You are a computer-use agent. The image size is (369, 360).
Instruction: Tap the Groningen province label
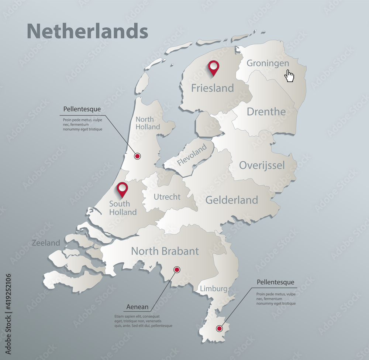pyautogui.click(x=268, y=63)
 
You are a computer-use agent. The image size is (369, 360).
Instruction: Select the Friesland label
pyautogui.click(x=212, y=88)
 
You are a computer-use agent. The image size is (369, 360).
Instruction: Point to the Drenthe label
pyautogui.click(x=266, y=112)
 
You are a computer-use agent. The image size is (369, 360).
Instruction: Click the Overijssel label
pyautogui.click(x=262, y=165)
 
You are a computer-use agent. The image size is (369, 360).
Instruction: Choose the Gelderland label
pyautogui.click(x=231, y=200)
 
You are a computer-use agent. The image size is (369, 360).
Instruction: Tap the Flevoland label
pyautogui.click(x=192, y=155)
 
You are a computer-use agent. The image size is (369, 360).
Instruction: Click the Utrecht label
pyautogui.click(x=167, y=197)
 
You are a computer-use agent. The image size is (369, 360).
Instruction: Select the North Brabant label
pyautogui.click(x=165, y=251)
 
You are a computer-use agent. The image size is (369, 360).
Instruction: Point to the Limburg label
pyautogui.click(x=213, y=289)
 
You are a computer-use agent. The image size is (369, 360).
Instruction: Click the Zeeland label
pyautogui.click(x=46, y=243)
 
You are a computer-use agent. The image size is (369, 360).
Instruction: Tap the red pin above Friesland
pyautogui.click(x=213, y=68)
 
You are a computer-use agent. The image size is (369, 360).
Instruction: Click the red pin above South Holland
pyautogui.click(x=122, y=189)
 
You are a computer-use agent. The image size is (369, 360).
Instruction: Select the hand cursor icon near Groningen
pyautogui.click(x=290, y=76)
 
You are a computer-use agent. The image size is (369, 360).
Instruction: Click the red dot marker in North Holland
pyautogui.click(x=137, y=156)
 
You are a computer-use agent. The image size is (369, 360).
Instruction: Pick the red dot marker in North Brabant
pyautogui.click(x=177, y=270)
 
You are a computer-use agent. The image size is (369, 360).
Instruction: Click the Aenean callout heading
pyautogui.click(x=137, y=307)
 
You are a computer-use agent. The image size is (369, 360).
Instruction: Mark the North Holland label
pyautogui.click(x=148, y=123)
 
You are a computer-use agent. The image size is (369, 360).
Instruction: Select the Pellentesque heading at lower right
pyautogui.click(x=275, y=282)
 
